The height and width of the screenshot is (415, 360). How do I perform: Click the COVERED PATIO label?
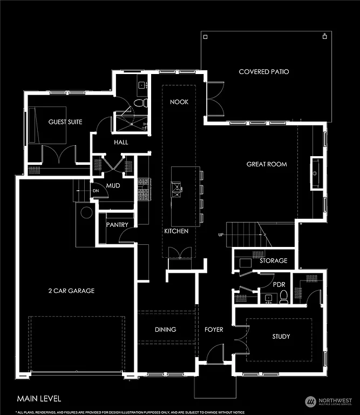[x=263, y=71]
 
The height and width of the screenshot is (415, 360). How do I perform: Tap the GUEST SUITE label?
[x=65, y=122]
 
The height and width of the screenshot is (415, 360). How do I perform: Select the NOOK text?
[x=179, y=102]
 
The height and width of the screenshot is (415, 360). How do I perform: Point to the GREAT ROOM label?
[x=267, y=164]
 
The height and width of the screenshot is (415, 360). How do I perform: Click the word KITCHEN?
[x=176, y=231]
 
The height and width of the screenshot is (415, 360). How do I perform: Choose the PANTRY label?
[x=117, y=224]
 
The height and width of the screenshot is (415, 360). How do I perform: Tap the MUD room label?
[x=113, y=186]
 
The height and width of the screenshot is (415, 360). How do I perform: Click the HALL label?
[x=120, y=143]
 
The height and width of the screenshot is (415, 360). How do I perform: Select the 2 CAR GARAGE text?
[x=71, y=291]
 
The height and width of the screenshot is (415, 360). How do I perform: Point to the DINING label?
[x=165, y=330]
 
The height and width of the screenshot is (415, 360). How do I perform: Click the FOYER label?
[x=213, y=330]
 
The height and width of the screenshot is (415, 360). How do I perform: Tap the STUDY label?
[x=281, y=337]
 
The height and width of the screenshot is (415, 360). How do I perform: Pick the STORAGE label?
[x=273, y=261]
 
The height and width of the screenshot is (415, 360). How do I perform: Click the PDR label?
[x=279, y=284]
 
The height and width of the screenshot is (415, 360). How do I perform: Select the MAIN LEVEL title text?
[x=39, y=399]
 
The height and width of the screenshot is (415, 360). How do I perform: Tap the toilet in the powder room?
[x=283, y=296]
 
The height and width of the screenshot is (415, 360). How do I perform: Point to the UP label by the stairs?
[x=220, y=235]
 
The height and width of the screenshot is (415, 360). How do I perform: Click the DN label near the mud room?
[x=96, y=191]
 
